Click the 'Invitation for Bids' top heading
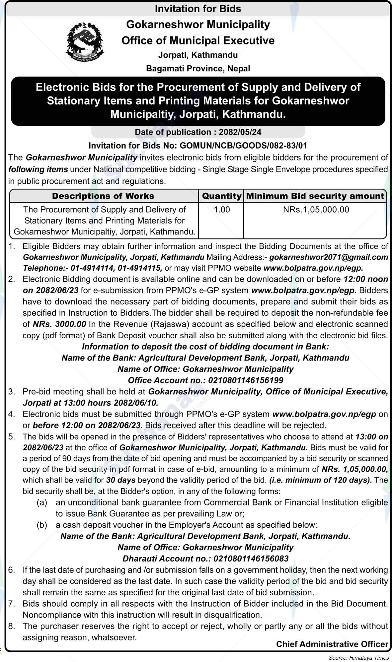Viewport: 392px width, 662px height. (x=198, y=9)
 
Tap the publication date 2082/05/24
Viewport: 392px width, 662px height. (x=240, y=132)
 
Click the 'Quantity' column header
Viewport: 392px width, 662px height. (x=221, y=196)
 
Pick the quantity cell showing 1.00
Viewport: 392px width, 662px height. (x=222, y=210)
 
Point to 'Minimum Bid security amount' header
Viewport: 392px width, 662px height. (x=315, y=196)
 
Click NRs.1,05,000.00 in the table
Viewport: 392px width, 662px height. (x=316, y=210)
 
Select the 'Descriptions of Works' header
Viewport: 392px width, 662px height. (x=103, y=196)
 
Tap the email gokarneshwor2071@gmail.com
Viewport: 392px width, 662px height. (x=329, y=257)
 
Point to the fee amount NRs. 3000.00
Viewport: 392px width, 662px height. (x=59, y=324)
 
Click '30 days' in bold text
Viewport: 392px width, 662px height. (x=121, y=480)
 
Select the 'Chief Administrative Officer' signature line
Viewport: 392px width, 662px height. (x=332, y=644)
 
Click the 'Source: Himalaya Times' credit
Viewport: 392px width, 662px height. (x=358, y=658)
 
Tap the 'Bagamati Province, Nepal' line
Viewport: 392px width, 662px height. (x=198, y=69)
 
